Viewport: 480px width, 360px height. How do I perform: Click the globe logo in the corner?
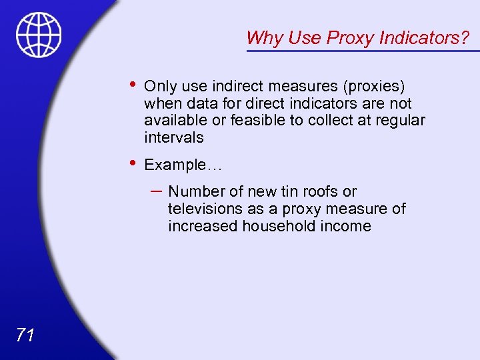coord(39,35)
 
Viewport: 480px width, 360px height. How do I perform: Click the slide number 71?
coord(25,335)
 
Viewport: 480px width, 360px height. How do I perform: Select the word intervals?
coord(173,137)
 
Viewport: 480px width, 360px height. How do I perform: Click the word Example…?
coord(183,165)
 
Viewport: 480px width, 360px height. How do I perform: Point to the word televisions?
coord(206,209)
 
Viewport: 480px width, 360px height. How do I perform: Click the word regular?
coord(399,121)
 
